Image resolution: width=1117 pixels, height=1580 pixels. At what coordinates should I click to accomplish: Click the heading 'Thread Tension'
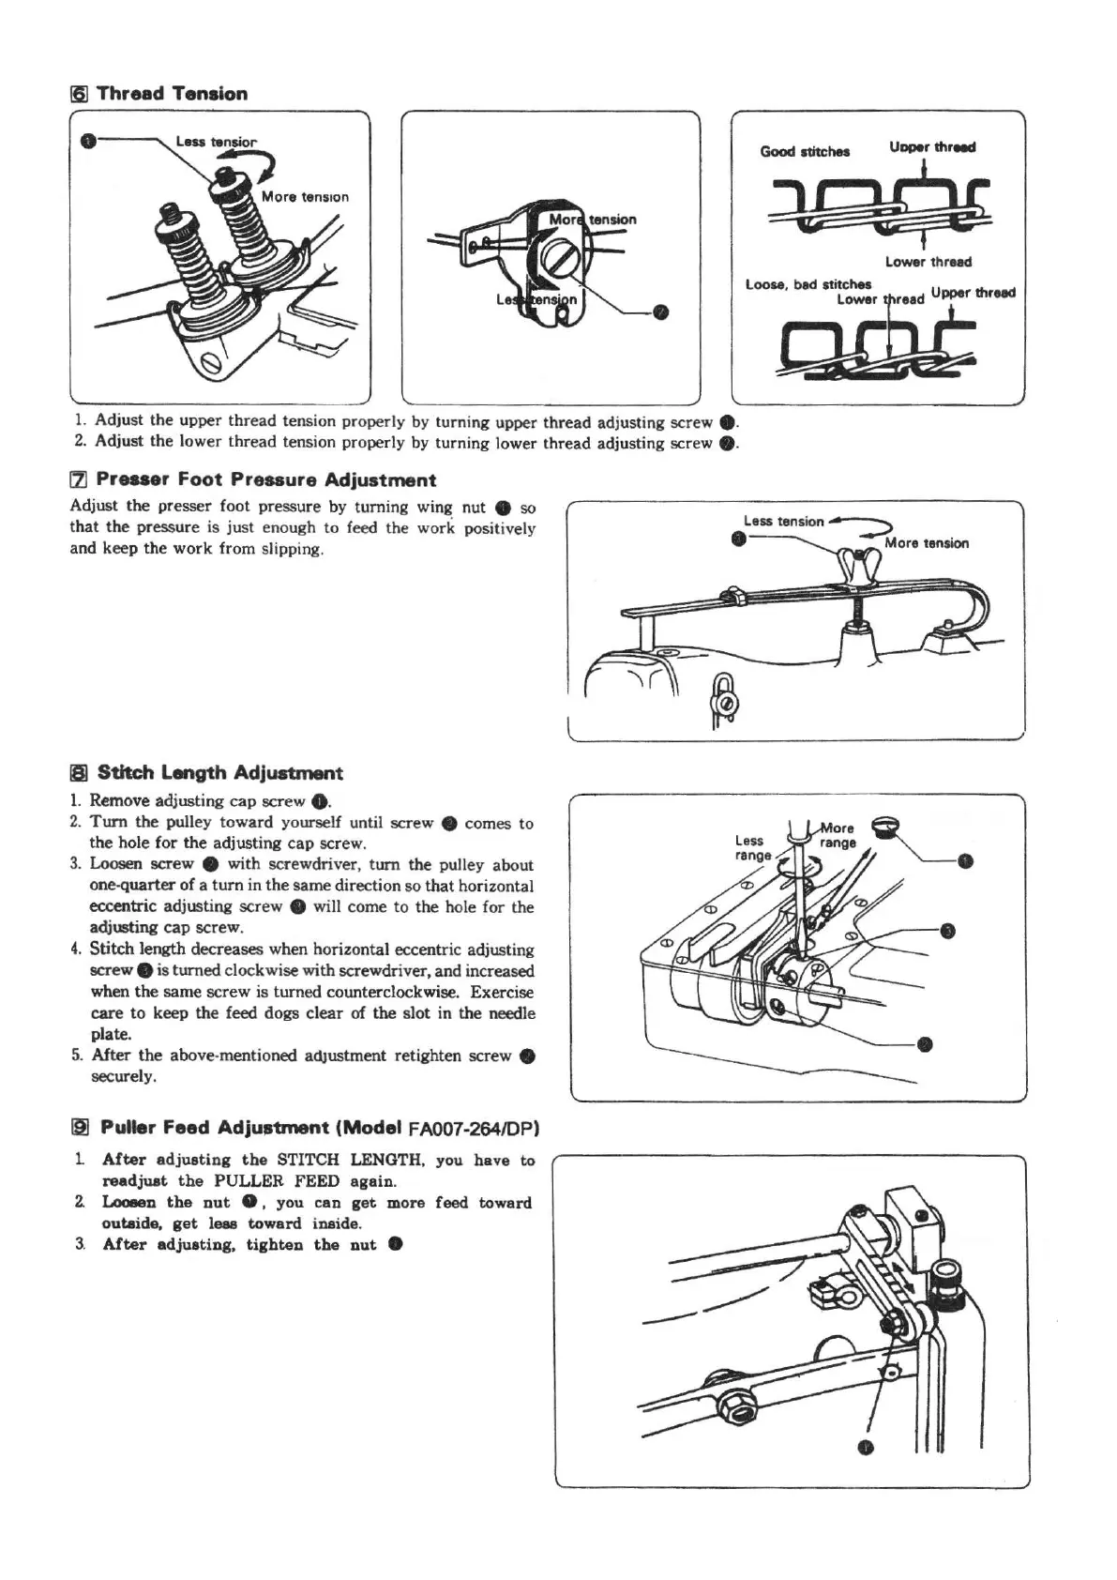click(x=172, y=94)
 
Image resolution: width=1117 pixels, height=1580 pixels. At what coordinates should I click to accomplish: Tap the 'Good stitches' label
click(x=805, y=151)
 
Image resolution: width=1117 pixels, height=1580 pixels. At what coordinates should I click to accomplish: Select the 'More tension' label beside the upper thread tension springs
click(x=305, y=197)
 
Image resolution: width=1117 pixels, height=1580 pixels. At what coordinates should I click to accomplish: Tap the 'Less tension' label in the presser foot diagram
click(x=783, y=522)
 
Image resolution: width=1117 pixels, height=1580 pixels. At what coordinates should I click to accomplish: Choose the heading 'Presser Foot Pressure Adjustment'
click(x=266, y=480)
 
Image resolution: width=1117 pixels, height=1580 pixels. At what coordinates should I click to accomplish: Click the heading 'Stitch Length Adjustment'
click(x=219, y=773)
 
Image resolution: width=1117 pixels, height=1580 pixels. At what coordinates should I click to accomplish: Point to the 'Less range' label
click(x=751, y=847)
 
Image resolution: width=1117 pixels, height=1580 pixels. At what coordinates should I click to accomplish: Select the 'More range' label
click(x=838, y=835)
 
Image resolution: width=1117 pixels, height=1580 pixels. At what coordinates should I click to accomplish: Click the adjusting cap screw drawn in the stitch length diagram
click(x=886, y=827)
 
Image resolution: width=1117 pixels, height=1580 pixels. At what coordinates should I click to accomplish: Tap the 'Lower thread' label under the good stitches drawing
click(x=928, y=262)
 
